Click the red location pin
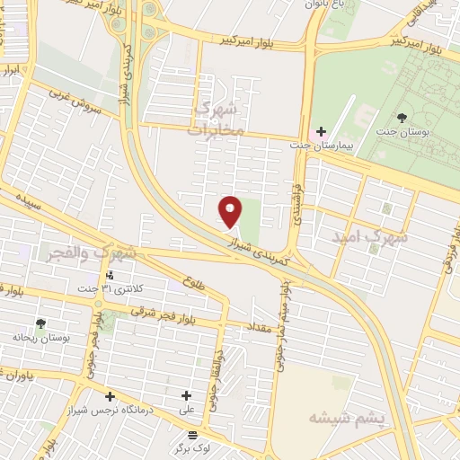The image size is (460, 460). (x=231, y=211)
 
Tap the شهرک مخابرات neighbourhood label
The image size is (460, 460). (x=218, y=118)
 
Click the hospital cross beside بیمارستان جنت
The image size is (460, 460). (x=322, y=132)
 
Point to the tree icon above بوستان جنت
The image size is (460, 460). (x=402, y=117)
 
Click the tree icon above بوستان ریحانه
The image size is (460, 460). (x=40, y=323)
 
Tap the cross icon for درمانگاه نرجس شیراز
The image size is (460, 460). (x=110, y=395)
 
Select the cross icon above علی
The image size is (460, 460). (x=187, y=395)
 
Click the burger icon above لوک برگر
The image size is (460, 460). (x=191, y=434)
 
